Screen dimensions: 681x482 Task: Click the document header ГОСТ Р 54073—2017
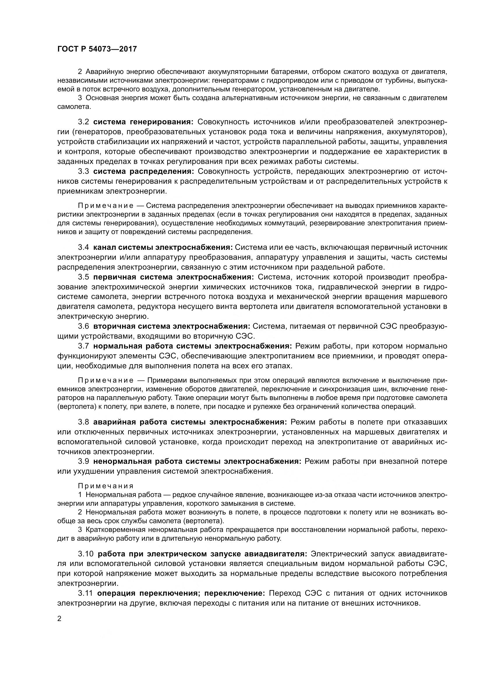[97, 49]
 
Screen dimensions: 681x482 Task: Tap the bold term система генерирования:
[143, 122]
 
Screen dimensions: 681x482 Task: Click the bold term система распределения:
[144, 171]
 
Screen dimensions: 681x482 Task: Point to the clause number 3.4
[83, 247]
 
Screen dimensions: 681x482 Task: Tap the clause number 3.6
[83, 326]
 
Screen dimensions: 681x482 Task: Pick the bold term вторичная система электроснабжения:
[172, 326]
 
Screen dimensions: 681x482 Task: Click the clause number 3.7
[83, 346]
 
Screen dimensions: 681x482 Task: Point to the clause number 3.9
[83, 461]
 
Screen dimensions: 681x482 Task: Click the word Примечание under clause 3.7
[106, 380]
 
